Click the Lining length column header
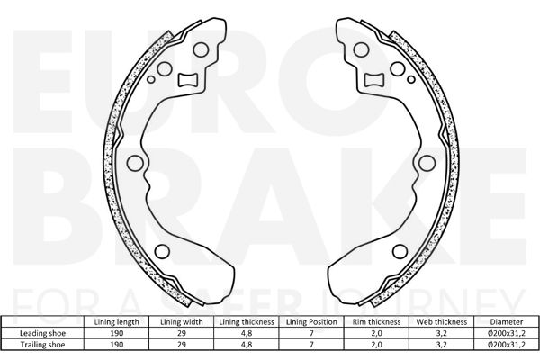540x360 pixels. coord(116,322)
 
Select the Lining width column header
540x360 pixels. coord(182,322)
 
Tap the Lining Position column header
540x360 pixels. coord(311,322)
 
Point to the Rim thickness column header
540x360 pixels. coord(376,322)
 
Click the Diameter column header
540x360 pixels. coord(507,322)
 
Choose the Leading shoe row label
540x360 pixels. coord(42,333)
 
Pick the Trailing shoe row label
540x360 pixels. coord(42,345)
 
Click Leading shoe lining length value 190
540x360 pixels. coord(116,333)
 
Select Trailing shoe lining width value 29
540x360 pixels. coord(182,345)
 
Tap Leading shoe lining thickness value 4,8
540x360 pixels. coord(247,333)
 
